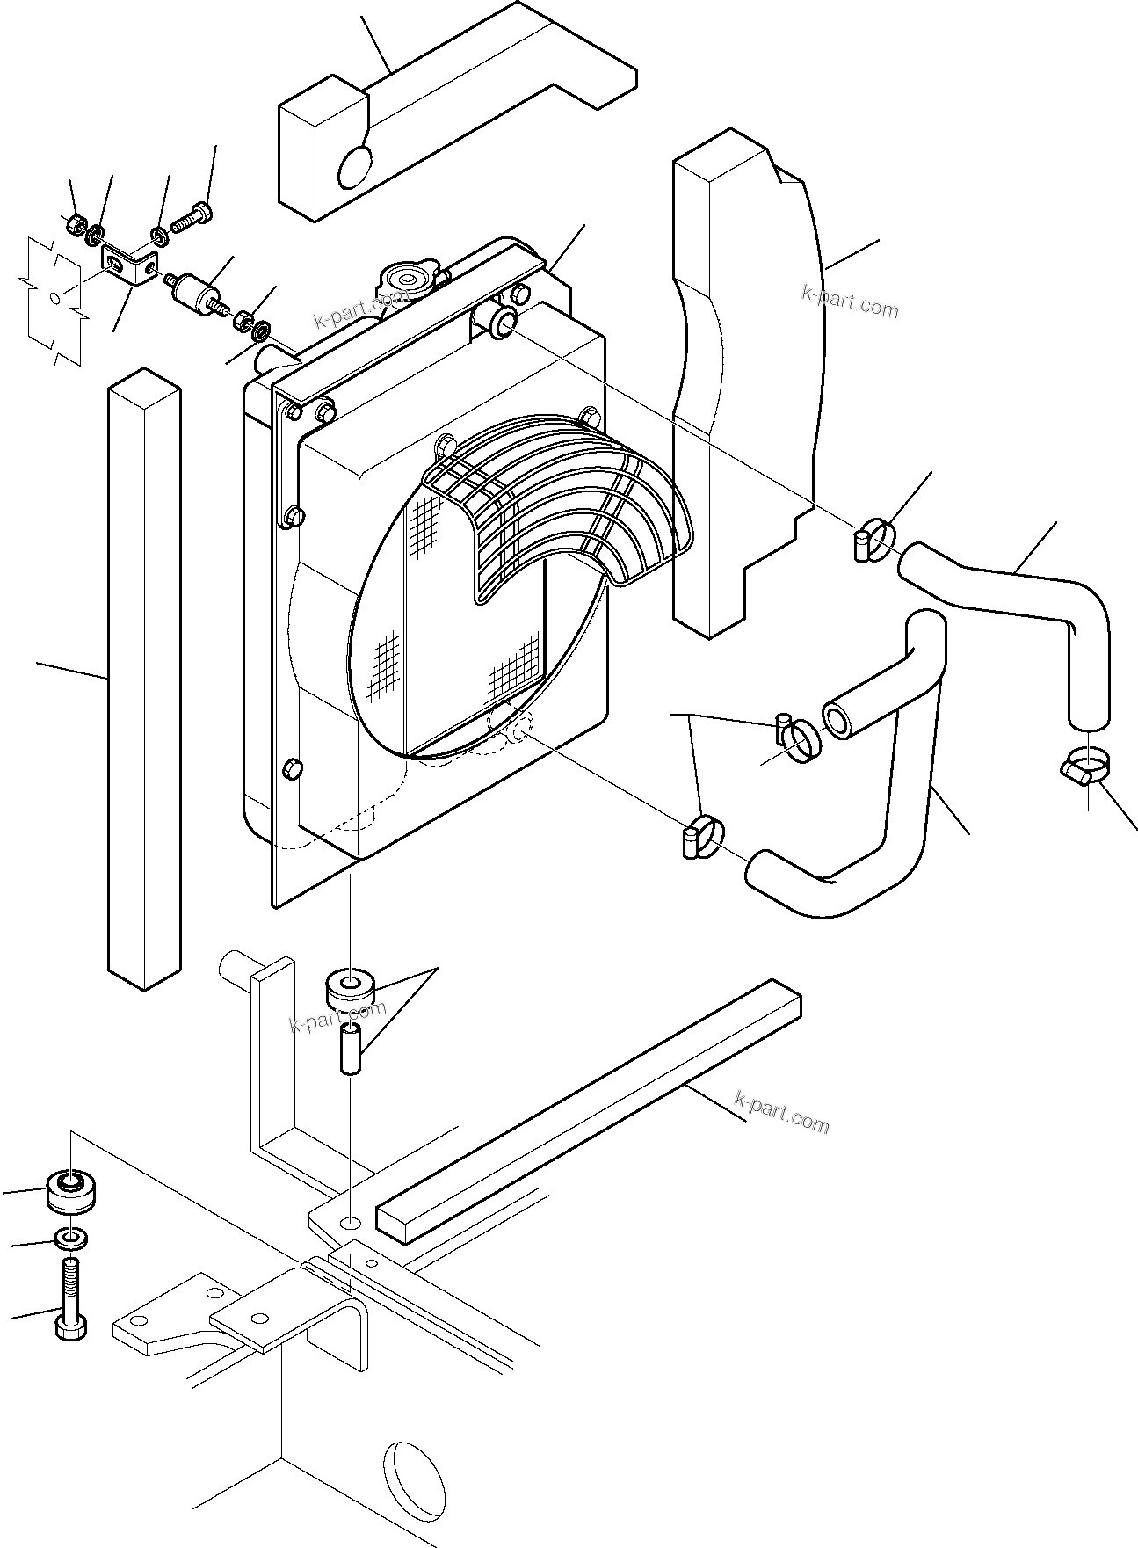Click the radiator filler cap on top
pyautogui.click(x=404, y=280)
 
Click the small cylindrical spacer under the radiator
pyautogui.click(x=350, y=1049)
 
